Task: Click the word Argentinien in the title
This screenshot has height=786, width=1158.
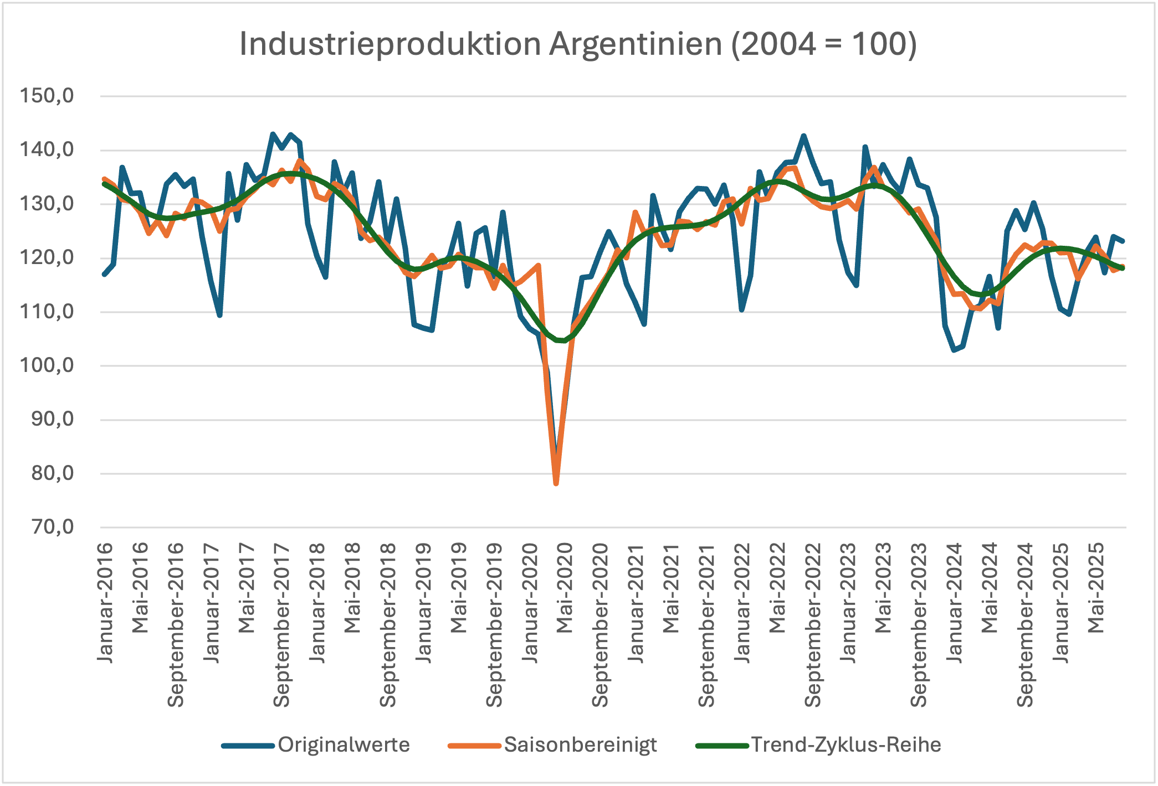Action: tap(636, 44)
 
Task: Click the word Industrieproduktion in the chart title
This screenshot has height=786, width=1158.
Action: tap(390, 44)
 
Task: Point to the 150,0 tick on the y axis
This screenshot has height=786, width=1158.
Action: tap(47, 96)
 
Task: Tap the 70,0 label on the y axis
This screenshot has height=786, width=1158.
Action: tap(53, 526)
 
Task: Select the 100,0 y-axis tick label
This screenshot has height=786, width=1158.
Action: tap(47, 365)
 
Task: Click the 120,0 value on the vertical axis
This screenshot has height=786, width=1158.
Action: tap(47, 257)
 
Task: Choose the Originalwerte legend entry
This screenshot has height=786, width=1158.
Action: tap(344, 744)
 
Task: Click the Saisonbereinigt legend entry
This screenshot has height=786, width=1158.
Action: tap(580, 744)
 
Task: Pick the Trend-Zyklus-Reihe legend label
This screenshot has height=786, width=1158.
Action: tap(846, 744)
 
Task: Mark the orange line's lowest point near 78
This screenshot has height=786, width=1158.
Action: tap(556, 483)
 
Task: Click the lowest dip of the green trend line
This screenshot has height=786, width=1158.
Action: tap(563, 340)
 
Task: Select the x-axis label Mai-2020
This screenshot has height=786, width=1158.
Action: tap(565, 588)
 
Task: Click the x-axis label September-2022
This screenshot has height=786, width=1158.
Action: tap(812, 624)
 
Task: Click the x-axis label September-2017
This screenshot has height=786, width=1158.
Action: tap(281, 624)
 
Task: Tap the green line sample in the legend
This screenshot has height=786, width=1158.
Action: tap(722, 746)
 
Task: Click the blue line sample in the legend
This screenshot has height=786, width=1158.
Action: tap(248, 746)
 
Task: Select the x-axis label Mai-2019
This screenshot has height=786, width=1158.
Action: tap(458, 588)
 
